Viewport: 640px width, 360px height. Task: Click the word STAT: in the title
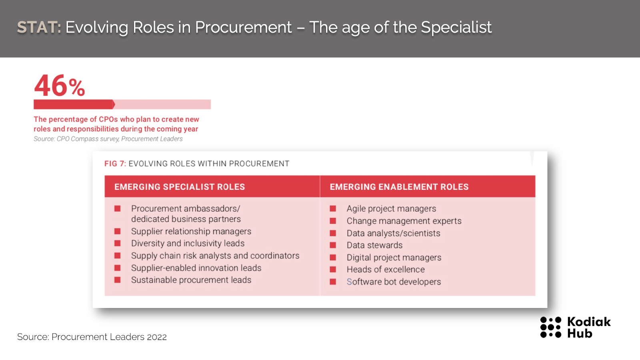39,28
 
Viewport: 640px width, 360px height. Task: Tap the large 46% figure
60,86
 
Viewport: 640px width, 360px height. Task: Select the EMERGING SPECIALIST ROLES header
180,187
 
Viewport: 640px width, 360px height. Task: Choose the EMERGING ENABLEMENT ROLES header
399,187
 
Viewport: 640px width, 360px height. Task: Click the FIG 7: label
115,164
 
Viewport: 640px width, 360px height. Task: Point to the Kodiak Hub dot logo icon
550,327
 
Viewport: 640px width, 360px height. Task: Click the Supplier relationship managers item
191,231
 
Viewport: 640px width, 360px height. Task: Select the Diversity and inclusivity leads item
188,243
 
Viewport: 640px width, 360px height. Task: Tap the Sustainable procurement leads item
191,280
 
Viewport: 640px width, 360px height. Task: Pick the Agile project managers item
392,208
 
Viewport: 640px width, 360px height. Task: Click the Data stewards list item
374,245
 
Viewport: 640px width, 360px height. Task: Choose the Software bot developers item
394,282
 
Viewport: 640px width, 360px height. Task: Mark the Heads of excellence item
386,270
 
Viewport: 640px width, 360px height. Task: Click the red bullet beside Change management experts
333,221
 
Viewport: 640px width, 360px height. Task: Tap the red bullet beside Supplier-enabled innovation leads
118,268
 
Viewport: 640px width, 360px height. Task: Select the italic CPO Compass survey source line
108,139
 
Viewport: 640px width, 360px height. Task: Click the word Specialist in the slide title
456,28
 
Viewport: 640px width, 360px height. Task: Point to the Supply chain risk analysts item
215,256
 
